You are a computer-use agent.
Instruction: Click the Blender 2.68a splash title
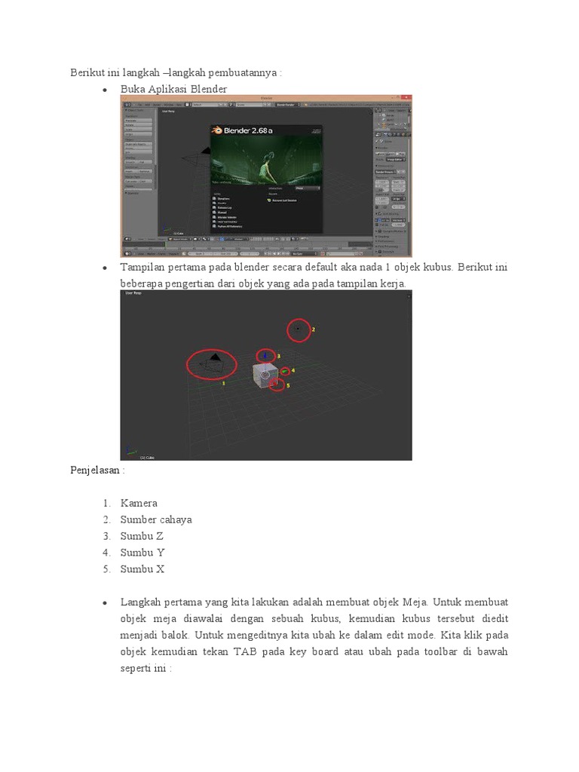click(242, 130)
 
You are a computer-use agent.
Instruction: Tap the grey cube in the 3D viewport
click(265, 375)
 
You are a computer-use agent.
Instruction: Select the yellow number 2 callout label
click(313, 329)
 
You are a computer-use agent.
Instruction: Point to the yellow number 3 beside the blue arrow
click(278, 356)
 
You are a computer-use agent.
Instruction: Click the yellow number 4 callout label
click(293, 370)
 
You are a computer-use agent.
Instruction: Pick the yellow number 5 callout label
click(288, 385)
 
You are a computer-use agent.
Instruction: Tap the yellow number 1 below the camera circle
click(223, 383)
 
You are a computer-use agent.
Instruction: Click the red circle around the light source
click(299, 329)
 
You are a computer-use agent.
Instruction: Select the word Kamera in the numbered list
click(139, 503)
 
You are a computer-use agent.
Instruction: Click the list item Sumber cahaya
click(156, 519)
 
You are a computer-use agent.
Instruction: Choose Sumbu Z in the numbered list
click(142, 536)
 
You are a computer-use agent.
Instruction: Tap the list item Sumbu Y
click(142, 553)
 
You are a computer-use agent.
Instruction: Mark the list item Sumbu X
click(142, 569)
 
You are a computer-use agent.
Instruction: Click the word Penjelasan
click(95, 470)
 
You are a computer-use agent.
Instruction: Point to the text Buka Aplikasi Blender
click(173, 89)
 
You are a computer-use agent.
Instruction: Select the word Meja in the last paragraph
click(414, 602)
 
